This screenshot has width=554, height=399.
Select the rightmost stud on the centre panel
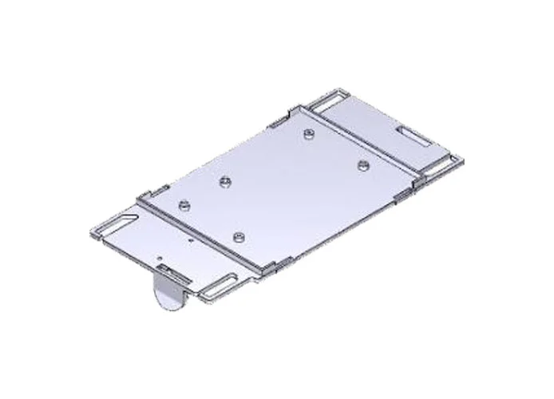(363, 164)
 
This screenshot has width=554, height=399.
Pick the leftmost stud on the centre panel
(184, 205)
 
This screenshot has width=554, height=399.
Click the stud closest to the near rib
(239, 237)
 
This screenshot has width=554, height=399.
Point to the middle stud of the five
(226, 183)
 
